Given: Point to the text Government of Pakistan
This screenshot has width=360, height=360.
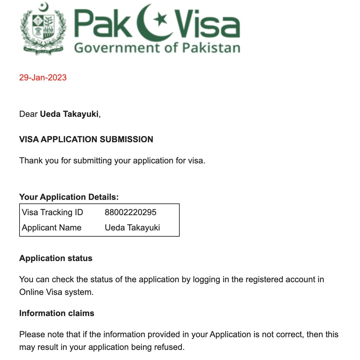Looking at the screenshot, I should point(157,48).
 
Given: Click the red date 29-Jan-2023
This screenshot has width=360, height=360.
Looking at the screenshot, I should point(43,77).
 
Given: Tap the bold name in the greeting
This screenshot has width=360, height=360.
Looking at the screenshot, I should point(69,114).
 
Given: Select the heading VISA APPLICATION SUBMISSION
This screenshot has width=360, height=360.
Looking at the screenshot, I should point(86,139).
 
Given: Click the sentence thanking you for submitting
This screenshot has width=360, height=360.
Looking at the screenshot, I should point(112,160).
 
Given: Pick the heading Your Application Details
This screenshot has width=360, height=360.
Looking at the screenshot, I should point(69,197).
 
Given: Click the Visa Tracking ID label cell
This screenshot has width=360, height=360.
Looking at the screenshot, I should point(52,212).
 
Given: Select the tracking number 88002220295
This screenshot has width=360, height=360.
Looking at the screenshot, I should point(131,212).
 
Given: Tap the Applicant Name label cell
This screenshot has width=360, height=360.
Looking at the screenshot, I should point(52,228).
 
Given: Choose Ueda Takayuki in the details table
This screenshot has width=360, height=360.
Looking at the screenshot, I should point(132,228).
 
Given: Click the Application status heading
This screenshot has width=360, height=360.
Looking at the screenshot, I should point(56,258).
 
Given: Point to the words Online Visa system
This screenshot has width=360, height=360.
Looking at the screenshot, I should point(56,292).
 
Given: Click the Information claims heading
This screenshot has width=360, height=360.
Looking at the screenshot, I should point(57,313).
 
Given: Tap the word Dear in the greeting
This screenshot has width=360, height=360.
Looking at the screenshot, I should point(28,114).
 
